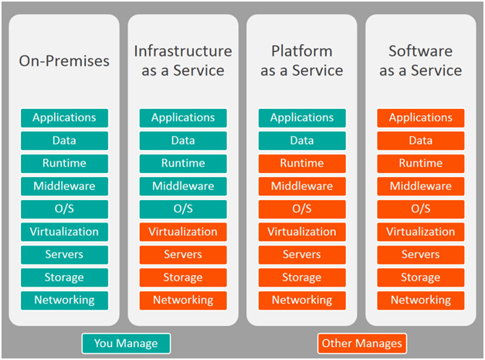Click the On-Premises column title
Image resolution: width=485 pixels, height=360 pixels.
pyautogui.click(x=64, y=61)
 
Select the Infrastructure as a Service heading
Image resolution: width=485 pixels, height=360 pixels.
pyautogui.click(x=183, y=60)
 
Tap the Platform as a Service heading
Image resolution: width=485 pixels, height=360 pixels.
pyautogui.click(x=302, y=60)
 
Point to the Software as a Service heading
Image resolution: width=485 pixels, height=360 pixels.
pyautogui.click(x=421, y=60)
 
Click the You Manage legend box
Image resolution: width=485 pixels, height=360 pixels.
pyautogui.click(x=126, y=343)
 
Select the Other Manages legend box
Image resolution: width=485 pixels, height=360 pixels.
pyautogui.click(x=362, y=343)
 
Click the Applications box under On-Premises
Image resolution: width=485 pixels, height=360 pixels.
pyautogui.click(x=64, y=118)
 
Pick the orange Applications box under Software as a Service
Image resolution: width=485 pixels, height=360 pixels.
pyautogui.click(x=421, y=118)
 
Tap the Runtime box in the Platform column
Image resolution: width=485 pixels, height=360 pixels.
pyautogui.click(x=302, y=163)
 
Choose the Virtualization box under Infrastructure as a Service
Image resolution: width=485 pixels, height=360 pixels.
pyautogui.click(x=183, y=232)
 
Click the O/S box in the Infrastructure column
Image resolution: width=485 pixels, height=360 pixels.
pyautogui.click(x=183, y=209)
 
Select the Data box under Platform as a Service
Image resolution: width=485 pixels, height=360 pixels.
pyautogui.click(x=302, y=141)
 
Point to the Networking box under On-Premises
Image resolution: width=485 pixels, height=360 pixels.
pyautogui.click(x=64, y=301)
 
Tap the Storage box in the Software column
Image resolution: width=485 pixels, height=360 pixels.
pyautogui.click(x=421, y=277)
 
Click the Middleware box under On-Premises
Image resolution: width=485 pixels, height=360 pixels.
pyautogui.click(x=64, y=186)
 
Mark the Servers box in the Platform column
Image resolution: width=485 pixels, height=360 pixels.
pyautogui.click(x=302, y=255)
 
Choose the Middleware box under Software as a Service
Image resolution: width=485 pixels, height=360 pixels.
pyautogui.click(x=421, y=186)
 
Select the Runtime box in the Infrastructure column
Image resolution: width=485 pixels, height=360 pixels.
pyautogui.click(x=183, y=163)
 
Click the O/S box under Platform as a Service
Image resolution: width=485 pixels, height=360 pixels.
pyautogui.click(x=302, y=209)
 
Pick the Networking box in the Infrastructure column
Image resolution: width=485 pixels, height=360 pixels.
pyautogui.click(x=183, y=301)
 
